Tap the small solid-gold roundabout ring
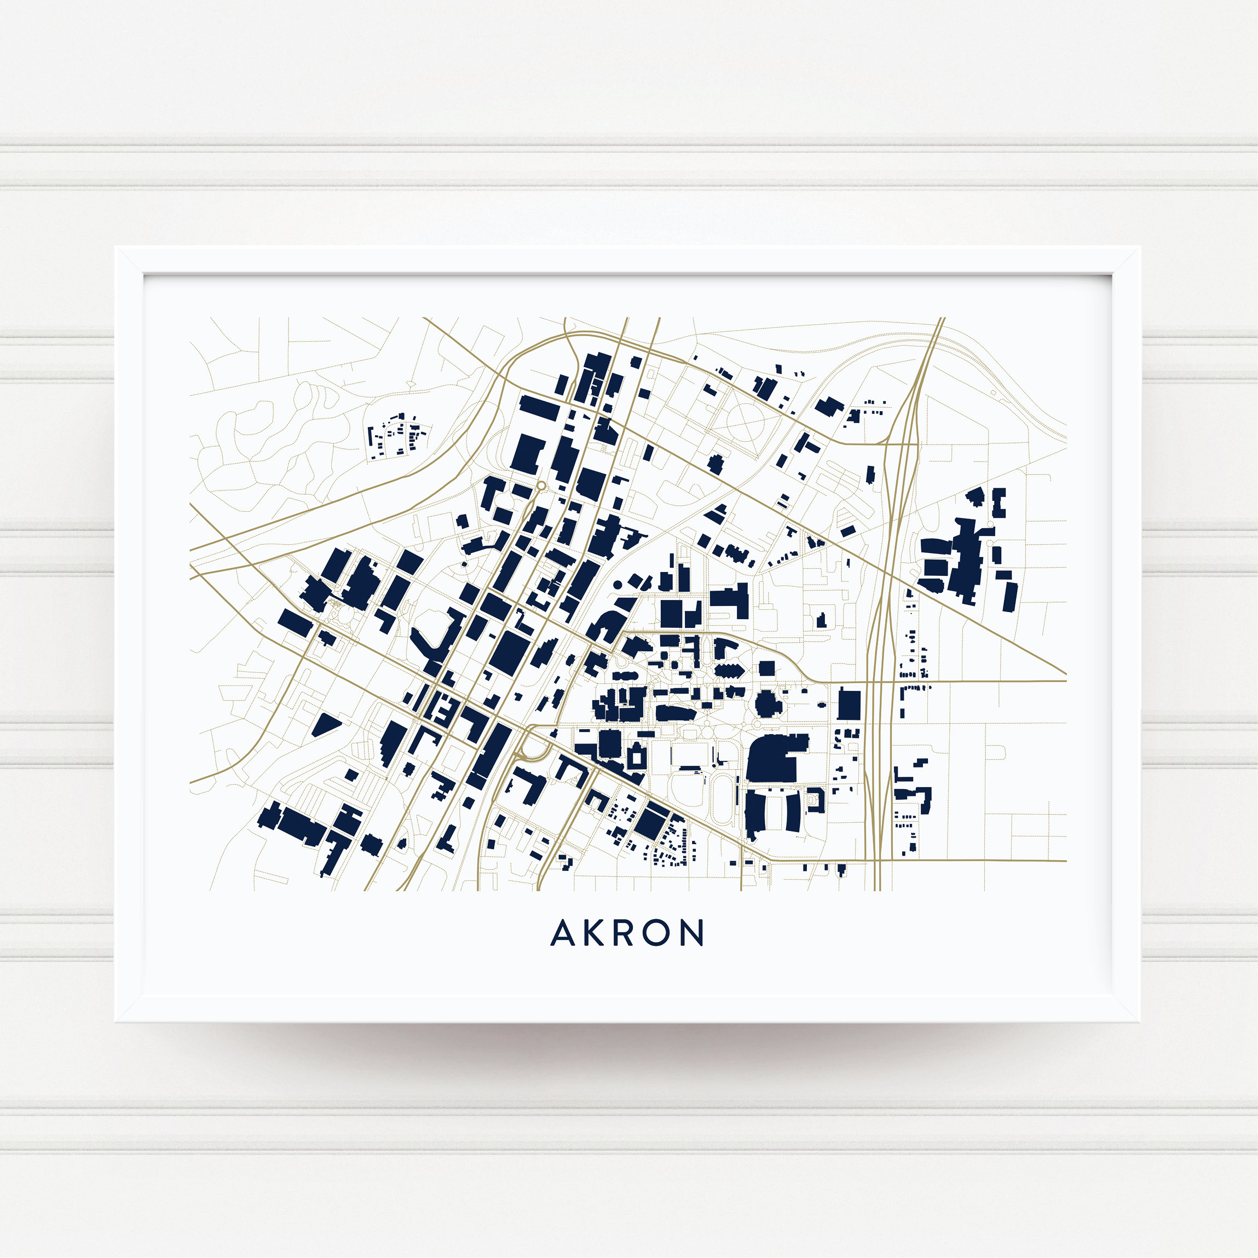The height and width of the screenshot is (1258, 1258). [x=540, y=486]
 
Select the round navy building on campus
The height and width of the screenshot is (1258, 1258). [x=768, y=703]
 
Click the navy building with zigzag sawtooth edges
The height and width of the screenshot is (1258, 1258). [x=729, y=670]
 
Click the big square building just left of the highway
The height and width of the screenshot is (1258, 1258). [x=849, y=705]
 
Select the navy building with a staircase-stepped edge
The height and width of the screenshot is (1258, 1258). [x=391, y=742]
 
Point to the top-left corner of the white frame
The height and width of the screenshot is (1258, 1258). [x=117, y=248]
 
